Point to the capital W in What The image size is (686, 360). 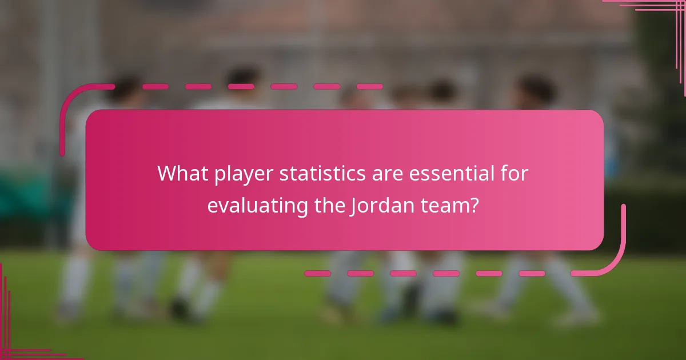[166, 173]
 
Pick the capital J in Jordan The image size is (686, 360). [353, 206]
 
